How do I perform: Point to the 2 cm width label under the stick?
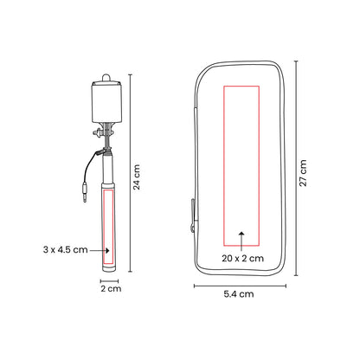click(109, 289)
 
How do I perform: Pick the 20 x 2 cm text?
click(241, 258)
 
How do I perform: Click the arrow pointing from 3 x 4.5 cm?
click(96, 250)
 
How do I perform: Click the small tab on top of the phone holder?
click(109, 75)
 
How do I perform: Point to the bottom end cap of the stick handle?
click(109, 266)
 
